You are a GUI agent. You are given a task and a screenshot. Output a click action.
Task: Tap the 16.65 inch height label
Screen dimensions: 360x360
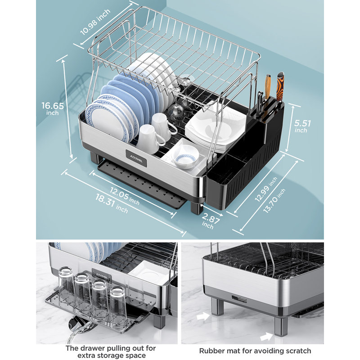53,108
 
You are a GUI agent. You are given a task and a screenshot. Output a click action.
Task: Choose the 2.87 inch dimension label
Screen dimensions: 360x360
208,222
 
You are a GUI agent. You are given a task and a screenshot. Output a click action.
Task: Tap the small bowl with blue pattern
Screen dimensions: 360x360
185,160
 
